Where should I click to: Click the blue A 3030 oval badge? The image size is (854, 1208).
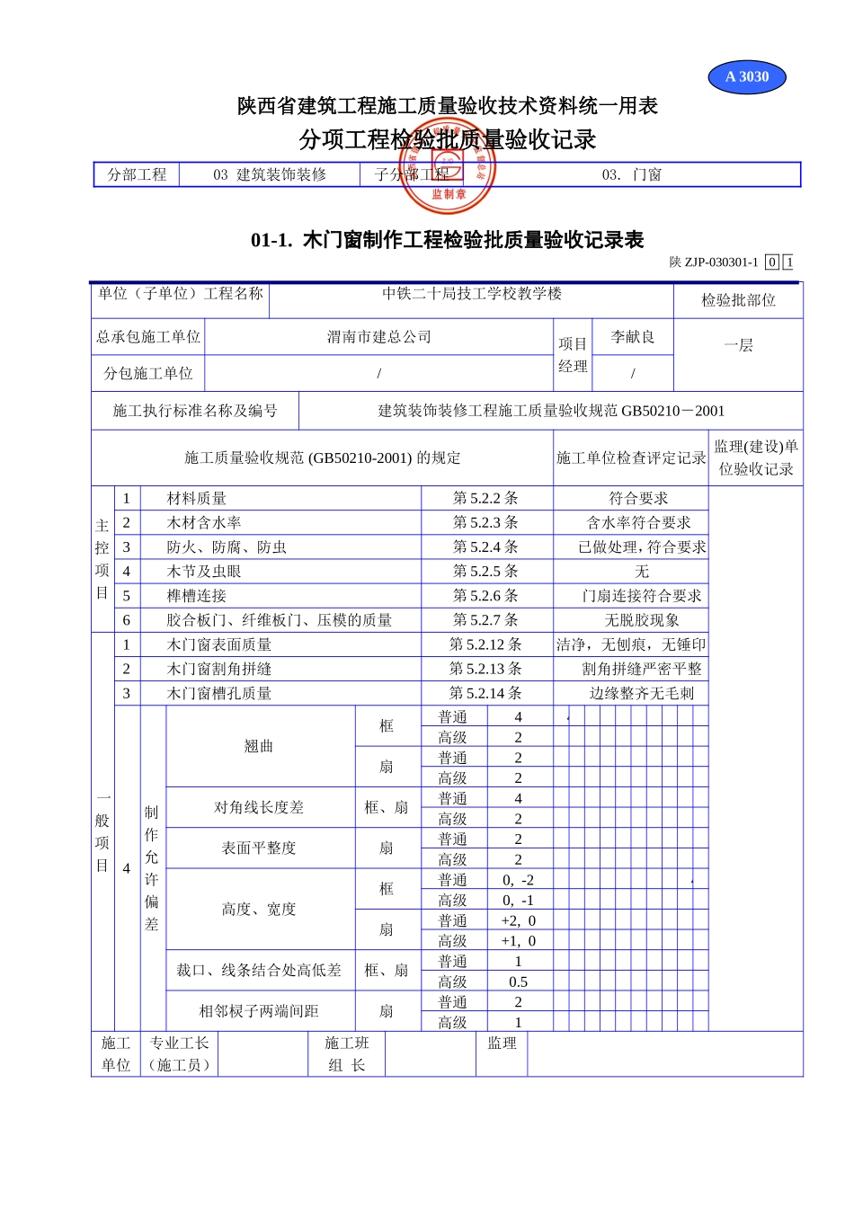click(746, 77)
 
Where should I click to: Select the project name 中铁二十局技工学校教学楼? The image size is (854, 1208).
click(471, 294)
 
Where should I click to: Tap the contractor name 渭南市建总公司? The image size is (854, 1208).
click(378, 337)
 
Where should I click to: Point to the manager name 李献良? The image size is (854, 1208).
click(633, 337)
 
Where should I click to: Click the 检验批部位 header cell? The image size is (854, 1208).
click(738, 300)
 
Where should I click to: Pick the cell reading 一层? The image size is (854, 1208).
click(738, 346)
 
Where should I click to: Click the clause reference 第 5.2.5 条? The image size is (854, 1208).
click(485, 572)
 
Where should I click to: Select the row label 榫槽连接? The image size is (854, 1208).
click(197, 596)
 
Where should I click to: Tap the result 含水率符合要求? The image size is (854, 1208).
click(638, 523)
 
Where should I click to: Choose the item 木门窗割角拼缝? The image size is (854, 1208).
click(219, 670)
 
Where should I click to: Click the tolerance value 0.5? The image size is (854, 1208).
click(518, 982)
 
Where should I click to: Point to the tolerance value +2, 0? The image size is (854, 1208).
click(518, 921)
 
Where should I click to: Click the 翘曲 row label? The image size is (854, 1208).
click(259, 747)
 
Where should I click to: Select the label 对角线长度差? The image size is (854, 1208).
click(259, 808)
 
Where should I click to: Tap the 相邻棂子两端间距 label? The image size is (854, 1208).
click(259, 1012)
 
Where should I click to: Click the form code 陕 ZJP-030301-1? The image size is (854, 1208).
click(714, 262)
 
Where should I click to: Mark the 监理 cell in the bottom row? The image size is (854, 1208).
click(502, 1044)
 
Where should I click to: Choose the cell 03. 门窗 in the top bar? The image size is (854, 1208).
click(631, 175)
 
